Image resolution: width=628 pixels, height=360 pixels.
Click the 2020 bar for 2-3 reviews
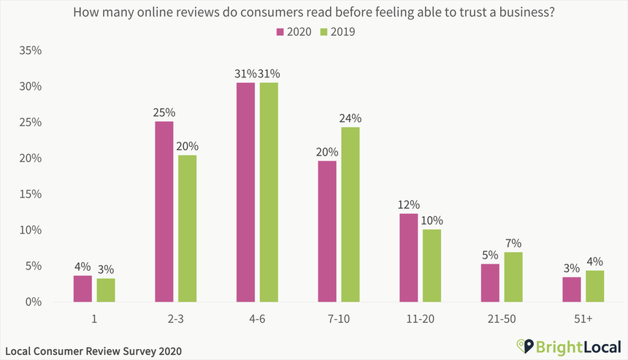click(164, 212)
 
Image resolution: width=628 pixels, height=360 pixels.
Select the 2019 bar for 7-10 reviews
click(351, 215)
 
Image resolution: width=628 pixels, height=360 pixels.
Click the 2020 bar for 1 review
click(83, 288)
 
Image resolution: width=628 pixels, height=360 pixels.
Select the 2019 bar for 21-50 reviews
click(513, 277)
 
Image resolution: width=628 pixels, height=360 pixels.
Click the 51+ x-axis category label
click(583, 318)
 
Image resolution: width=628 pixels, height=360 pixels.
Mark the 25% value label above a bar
click(164, 113)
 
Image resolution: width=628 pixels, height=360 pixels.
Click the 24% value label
click(351, 118)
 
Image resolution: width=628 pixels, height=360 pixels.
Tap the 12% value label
click(409, 204)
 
